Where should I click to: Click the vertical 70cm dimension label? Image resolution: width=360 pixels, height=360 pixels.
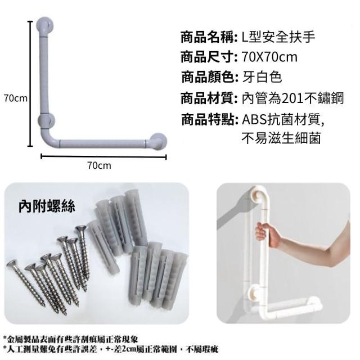click(16, 98)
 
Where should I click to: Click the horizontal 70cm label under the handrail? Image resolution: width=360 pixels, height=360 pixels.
click(99, 165)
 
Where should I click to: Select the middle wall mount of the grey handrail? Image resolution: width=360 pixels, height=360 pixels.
click(47, 120)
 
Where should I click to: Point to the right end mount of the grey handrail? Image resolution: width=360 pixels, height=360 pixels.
click(158, 141)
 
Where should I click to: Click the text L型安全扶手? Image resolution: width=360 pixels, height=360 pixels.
click(278, 37)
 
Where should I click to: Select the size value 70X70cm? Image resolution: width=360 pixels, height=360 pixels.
click(269, 57)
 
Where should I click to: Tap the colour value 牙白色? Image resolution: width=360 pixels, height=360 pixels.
click(262, 77)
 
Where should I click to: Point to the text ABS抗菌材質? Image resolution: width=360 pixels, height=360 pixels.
click(283, 119)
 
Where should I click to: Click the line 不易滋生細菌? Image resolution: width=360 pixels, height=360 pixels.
click(281, 138)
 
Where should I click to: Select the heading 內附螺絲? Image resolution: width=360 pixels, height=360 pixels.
click(47, 206)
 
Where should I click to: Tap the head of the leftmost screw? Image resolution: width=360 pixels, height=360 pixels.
click(12, 264)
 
